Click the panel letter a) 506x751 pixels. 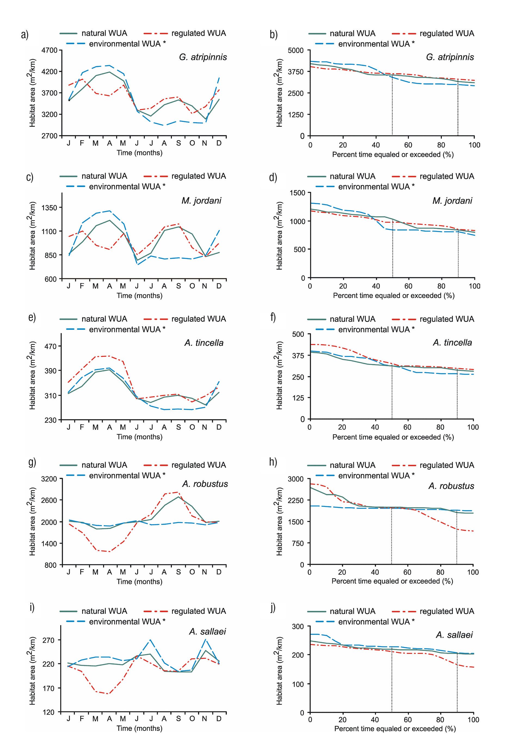pyautogui.click(x=24, y=34)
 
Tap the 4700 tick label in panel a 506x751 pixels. pyautogui.click(x=49, y=50)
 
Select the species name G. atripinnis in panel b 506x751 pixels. pyautogui.click(x=450, y=57)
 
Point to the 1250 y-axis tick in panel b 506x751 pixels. pyautogui.click(x=296, y=115)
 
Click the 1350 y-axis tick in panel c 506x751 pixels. pyautogui.click(x=49, y=208)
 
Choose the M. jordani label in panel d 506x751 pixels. pyautogui.click(x=452, y=201)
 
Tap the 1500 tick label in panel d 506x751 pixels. pyautogui.click(x=297, y=193)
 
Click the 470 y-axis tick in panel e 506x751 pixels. pyautogui.click(x=50, y=347)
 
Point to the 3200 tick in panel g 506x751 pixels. pyautogui.click(x=49, y=479)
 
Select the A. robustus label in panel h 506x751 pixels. pyautogui.click(x=451, y=486)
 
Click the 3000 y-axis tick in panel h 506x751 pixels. pyautogui.click(x=296, y=479)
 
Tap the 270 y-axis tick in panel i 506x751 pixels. pyautogui.click(x=48, y=640)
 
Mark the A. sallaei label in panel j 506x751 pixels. pyautogui.click(x=454, y=635)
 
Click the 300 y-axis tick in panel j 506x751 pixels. pyautogui.click(x=298, y=627)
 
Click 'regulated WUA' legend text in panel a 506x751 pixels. pyautogui.click(x=199, y=33)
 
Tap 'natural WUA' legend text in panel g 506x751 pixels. pyautogui.click(x=104, y=465)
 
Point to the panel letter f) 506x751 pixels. pyautogui.click(x=273, y=317)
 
